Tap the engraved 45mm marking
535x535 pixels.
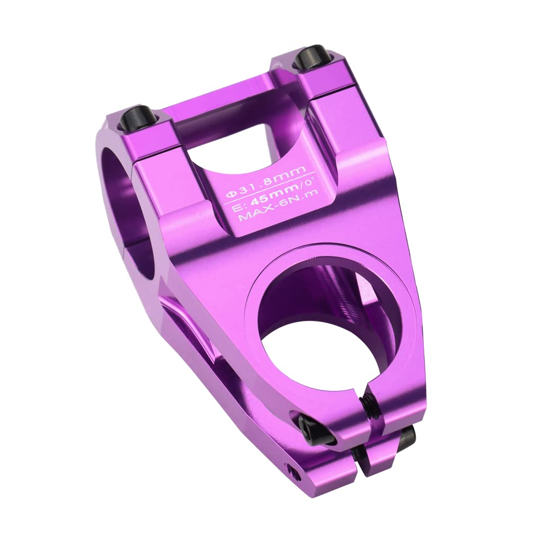coord(270,197)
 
